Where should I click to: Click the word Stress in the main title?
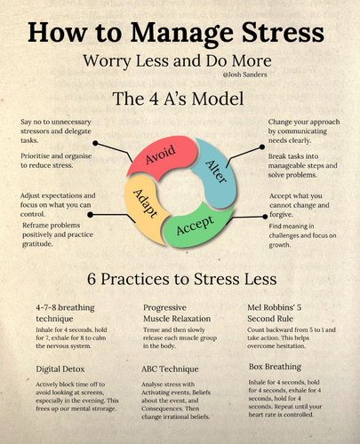284,32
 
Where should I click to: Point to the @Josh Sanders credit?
244,75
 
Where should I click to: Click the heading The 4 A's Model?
178,99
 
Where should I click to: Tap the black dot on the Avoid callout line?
95,143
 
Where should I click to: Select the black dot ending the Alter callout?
262,147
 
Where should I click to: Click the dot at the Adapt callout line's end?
91,215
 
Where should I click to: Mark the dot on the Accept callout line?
265,217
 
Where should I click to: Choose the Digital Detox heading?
60,369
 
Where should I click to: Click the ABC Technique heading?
170,369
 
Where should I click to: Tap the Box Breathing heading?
275,367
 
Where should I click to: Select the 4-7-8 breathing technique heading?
65,313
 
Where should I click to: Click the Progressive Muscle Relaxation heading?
177,313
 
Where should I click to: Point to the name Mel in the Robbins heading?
254,307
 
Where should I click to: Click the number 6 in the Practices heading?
92,279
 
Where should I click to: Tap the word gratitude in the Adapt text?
37,244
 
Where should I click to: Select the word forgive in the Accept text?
281,215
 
